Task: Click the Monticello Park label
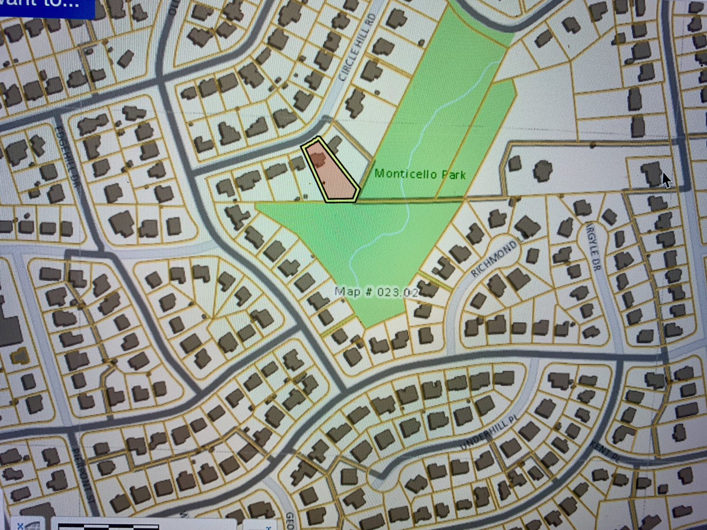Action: (420, 175)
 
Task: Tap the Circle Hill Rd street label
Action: (357, 48)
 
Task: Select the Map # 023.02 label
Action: (376, 292)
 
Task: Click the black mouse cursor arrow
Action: (666, 180)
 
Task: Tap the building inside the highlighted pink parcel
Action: (319, 158)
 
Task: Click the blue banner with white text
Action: (47, 7)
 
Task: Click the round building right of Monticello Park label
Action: (542, 171)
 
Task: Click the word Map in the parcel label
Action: (347, 292)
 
